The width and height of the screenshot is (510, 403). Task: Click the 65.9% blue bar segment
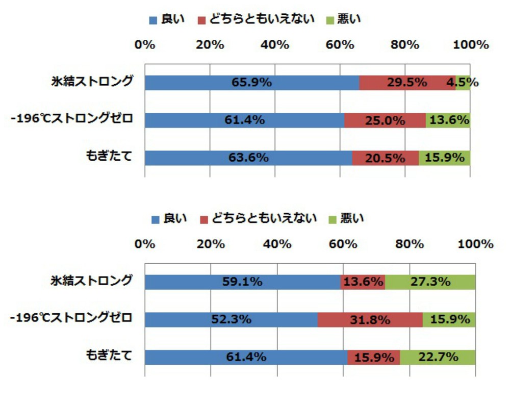[251, 83]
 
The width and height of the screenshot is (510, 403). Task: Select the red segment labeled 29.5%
[406, 83]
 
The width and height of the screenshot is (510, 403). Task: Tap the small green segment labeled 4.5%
[463, 83]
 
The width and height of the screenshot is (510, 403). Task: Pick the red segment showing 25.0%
[385, 120]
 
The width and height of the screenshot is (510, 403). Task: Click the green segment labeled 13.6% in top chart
[448, 120]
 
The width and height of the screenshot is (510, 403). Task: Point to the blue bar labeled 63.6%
[248, 158]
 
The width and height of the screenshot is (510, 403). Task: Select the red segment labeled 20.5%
[385, 158]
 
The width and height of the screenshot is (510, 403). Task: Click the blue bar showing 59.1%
[242, 282]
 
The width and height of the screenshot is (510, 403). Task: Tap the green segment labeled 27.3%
[430, 282]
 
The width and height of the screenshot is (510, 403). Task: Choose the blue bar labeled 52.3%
[231, 320]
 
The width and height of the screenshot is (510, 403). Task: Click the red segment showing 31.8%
[370, 320]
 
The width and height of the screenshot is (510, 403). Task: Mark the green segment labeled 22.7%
[437, 357]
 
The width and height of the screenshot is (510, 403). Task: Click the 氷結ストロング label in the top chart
[92, 82]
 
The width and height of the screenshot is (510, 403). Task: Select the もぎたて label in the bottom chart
[109, 356]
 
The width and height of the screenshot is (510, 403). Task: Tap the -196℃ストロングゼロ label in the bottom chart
[71, 319]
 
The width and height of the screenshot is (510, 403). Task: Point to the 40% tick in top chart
[275, 45]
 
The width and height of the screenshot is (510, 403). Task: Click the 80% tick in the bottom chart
[410, 244]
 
